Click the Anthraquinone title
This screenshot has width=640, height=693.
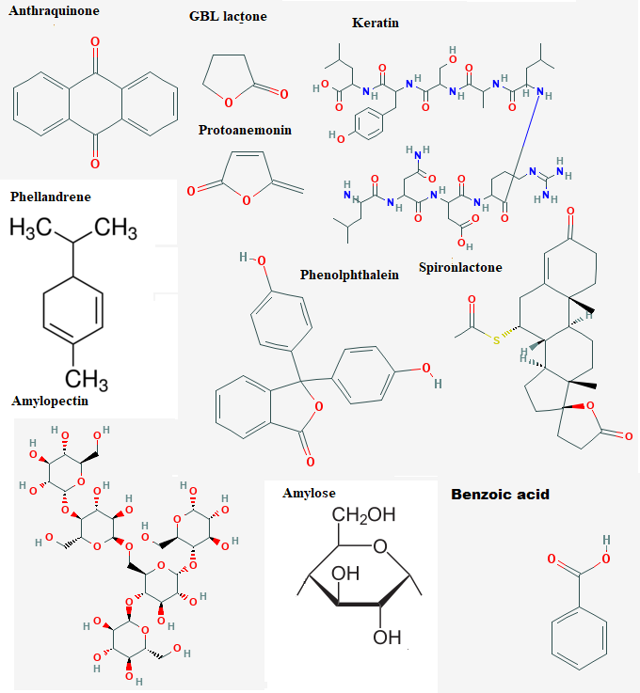(x=54, y=10)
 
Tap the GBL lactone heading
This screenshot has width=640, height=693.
(x=228, y=16)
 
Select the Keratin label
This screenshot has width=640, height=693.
(x=376, y=23)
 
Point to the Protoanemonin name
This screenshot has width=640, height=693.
(x=245, y=130)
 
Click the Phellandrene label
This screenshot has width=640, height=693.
(x=51, y=197)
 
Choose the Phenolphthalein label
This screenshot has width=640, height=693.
(x=349, y=275)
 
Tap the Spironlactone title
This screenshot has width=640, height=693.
(x=460, y=267)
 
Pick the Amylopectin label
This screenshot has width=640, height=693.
(x=50, y=401)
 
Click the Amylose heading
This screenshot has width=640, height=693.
(x=309, y=493)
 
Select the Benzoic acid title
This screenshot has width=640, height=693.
(x=500, y=494)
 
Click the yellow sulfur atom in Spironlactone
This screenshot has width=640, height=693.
(x=496, y=340)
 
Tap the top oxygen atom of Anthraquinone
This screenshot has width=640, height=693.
(x=95, y=42)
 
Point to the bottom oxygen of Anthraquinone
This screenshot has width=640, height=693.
(x=95, y=164)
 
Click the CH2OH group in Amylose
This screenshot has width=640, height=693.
(x=363, y=515)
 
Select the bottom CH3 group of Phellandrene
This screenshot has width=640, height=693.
(x=87, y=380)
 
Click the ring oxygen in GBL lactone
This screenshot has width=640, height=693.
(x=228, y=103)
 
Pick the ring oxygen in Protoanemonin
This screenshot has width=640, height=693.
(x=247, y=200)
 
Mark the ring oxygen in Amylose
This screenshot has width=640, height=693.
(x=380, y=546)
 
